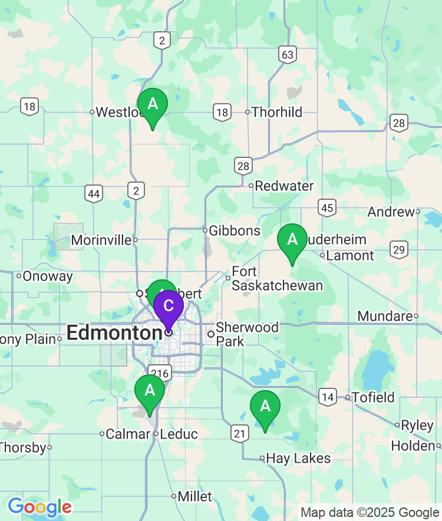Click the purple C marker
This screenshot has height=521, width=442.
(168, 306)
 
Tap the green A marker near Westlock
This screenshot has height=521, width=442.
(153, 104)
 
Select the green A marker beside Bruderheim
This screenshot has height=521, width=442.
(292, 240)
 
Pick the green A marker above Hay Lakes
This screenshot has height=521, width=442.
(265, 407)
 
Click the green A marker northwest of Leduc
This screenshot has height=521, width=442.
(150, 391)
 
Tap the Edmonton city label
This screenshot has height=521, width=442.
(114, 333)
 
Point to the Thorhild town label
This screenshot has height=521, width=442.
(276, 112)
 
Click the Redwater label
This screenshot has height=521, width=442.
(284, 186)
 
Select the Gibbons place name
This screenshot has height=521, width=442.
(235, 230)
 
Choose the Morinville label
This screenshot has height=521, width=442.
(101, 240)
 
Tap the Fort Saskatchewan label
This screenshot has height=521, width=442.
(277, 279)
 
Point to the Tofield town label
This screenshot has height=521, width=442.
(374, 397)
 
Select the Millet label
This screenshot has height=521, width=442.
(194, 496)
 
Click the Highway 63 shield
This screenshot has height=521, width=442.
(287, 55)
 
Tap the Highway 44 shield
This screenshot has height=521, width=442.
(93, 193)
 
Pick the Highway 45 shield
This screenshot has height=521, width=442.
(327, 207)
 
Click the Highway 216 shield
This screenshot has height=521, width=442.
(160, 373)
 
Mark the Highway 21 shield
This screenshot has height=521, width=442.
(239, 434)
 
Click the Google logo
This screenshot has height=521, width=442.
(39, 507)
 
